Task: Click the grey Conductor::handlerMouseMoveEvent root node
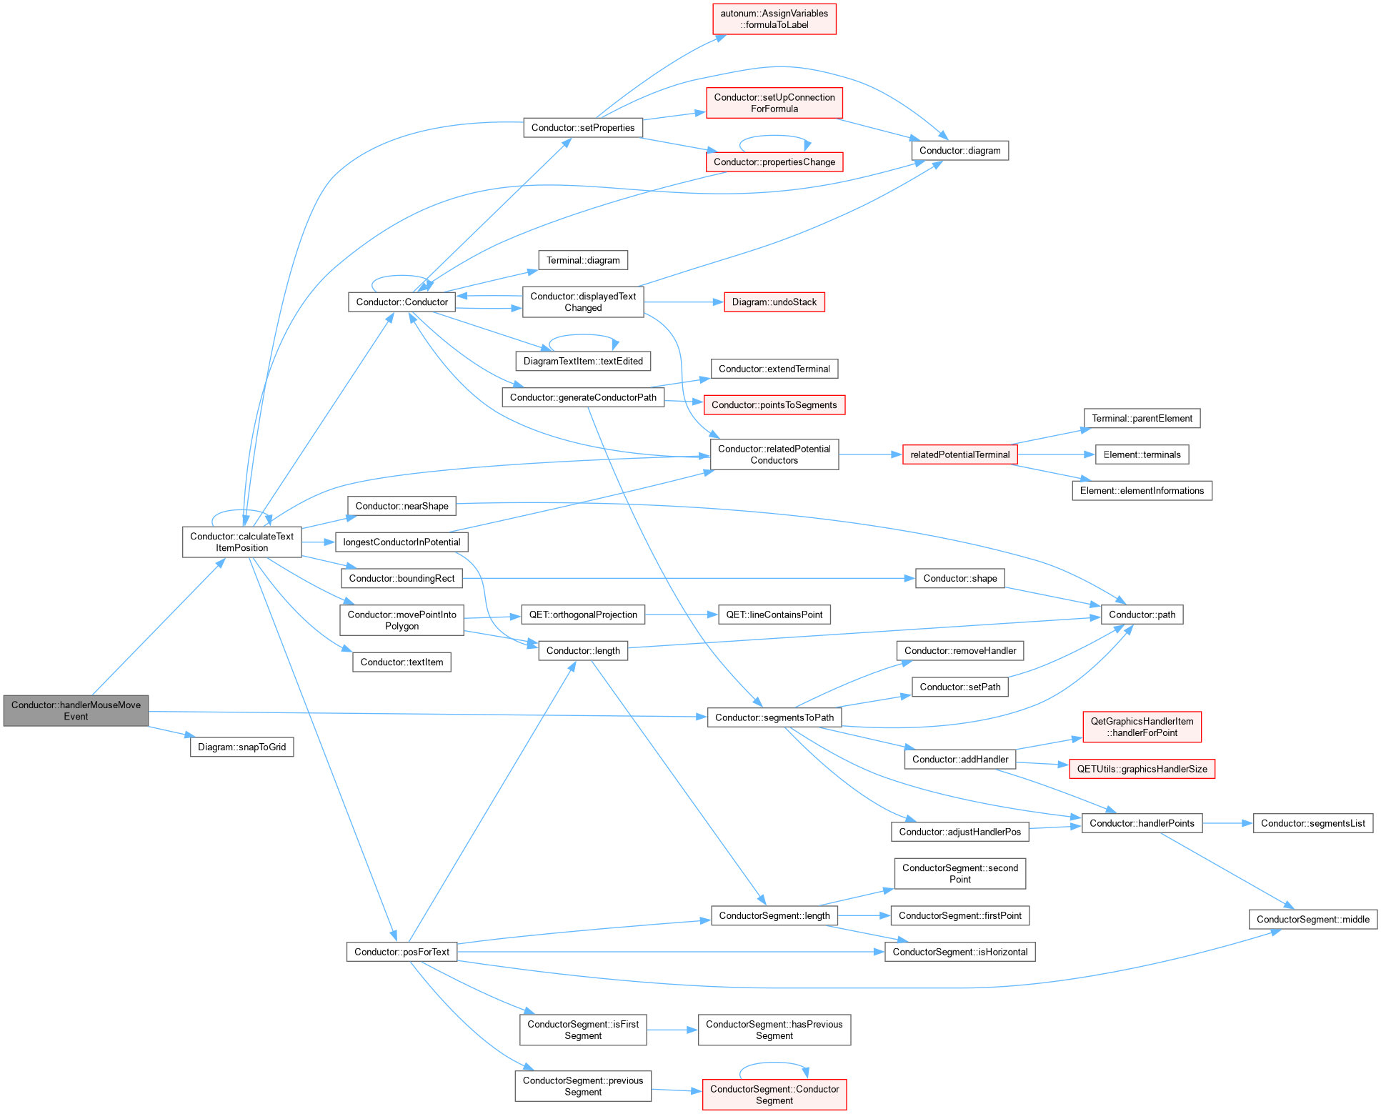(76, 710)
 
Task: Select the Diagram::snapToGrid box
(241, 747)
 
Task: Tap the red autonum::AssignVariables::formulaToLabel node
(774, 19)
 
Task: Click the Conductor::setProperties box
(583, 127)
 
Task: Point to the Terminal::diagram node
(583, 260)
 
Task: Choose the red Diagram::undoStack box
(774, 302)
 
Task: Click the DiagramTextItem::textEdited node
(583, 361)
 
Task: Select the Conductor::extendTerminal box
(774, 369)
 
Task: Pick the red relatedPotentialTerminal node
(960, 454)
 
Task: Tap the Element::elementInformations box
(1142, 490)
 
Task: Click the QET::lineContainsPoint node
(774, 615)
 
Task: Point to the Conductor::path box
(1142, 615)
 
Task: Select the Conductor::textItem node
(402, 662)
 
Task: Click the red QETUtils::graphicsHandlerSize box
(1142, 769)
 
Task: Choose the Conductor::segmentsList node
(1312, 823)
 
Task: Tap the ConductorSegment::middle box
(1312, 919)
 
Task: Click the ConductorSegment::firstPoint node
(960, 915)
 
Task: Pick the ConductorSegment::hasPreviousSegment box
(774, 1030)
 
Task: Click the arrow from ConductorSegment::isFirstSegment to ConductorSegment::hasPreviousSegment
(672, 1030)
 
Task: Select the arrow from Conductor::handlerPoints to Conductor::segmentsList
(1228, 823)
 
